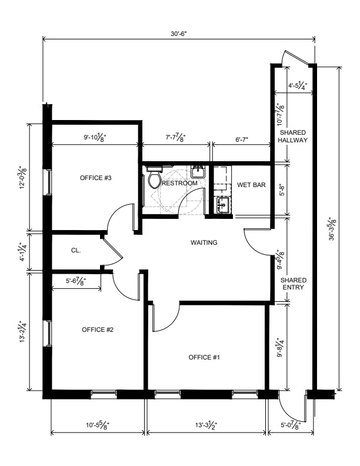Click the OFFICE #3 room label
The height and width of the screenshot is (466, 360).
click(96, 178)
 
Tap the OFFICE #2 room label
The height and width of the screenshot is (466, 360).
click(98, 329)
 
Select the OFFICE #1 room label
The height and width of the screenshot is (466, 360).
click(204, 357)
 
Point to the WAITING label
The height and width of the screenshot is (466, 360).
click(204, 242)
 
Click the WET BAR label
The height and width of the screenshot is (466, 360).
click(251, 185)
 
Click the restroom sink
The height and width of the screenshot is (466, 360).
click(198, 171)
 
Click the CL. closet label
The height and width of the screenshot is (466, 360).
click(76, 251)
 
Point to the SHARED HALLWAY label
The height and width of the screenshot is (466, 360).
click(293, 136)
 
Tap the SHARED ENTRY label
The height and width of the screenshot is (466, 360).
click(293, 284)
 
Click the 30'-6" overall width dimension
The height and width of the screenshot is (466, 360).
click(178, 34)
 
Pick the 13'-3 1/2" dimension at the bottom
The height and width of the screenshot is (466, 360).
click(206, 425)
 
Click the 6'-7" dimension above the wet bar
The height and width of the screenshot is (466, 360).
click(242, 139)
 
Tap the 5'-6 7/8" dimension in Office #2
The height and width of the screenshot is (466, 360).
click(76, 281)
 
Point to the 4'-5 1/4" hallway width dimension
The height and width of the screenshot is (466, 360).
click(298, 85)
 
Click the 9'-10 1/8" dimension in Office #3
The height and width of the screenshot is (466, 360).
click(95, 138)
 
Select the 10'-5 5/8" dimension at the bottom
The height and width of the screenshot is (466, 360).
click(98, 425)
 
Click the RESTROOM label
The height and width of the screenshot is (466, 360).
click(179, 183)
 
